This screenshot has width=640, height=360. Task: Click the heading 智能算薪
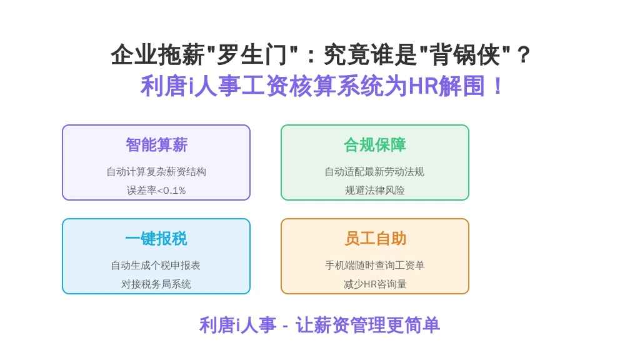coord(156,145)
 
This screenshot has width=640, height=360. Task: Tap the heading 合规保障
coord(375,145)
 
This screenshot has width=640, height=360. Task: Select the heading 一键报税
coord(156,239)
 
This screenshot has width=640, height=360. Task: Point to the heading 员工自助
coord(375,239)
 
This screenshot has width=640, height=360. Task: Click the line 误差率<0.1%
coord(156,190)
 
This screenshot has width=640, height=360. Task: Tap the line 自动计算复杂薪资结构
coord(156,172)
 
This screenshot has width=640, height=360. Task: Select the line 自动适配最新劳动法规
coord(375,172)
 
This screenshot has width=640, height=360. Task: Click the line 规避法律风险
coord(375,190)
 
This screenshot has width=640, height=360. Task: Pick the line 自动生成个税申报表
coord(156,266)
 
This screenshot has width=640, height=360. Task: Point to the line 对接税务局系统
coord(156,284)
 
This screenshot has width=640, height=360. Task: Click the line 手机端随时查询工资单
coord(375,266)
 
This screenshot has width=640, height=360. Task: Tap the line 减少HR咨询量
coord(375,284)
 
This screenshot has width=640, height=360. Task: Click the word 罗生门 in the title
coord(252,55)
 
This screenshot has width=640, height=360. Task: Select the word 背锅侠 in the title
coord(465,55)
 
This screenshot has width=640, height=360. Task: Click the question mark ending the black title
coord(523,55)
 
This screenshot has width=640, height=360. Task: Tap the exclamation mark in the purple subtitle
coord(497,86)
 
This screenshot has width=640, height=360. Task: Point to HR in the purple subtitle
coord(423,86)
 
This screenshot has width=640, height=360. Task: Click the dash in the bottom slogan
coord(285,326)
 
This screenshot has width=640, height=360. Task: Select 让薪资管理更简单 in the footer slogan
coord(367,325)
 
